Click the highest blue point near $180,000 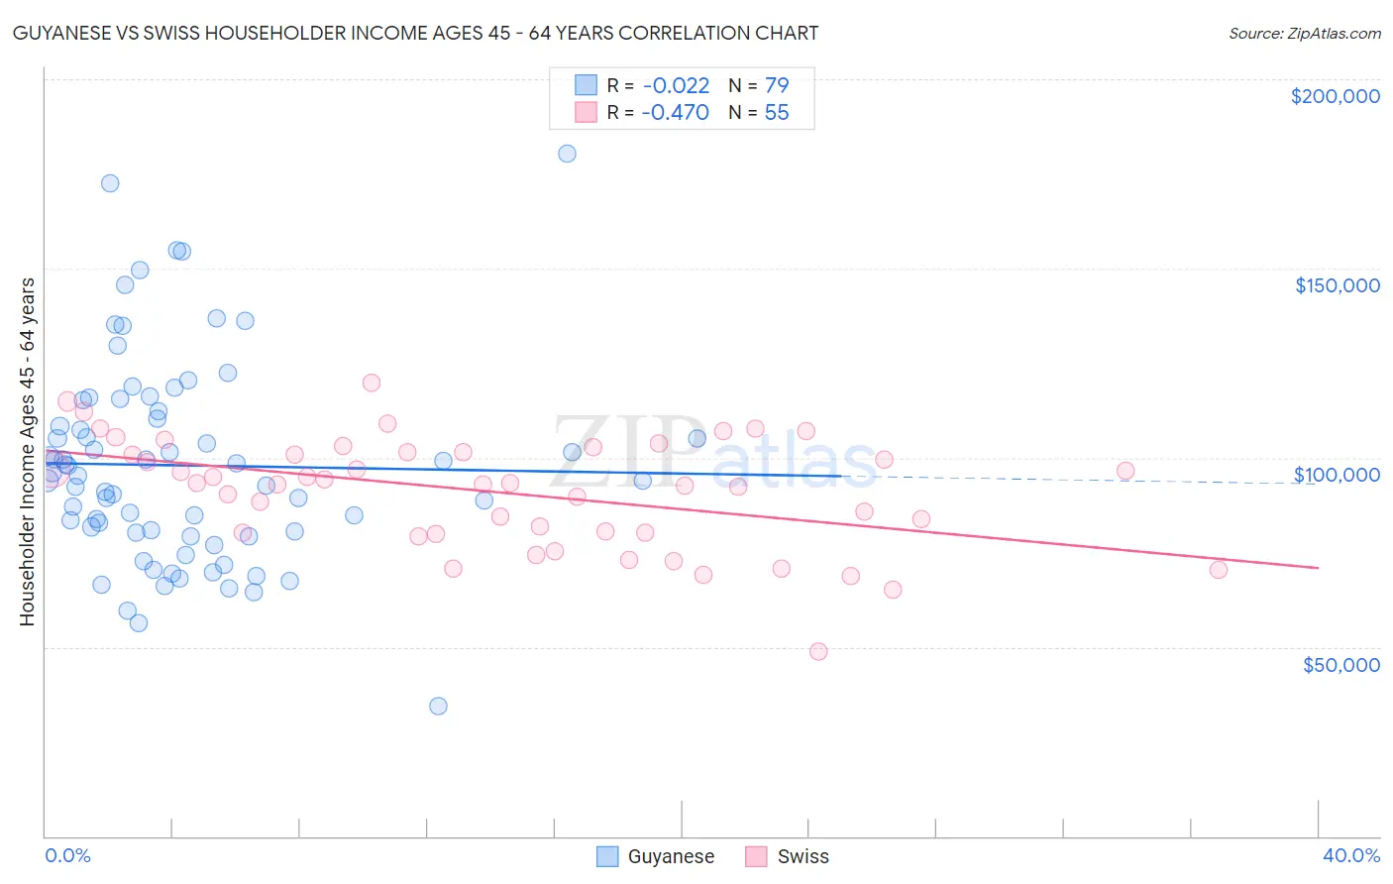point(567,154)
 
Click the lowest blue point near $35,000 point(438,706)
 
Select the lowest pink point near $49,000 point(818,651)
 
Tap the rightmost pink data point point(1219,569)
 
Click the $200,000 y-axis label point(1335,96)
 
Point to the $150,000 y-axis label point(1337,285)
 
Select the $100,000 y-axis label point(1337,475)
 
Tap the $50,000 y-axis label point(1340,664)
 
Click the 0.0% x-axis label point(67,855)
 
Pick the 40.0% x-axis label point(1350,855)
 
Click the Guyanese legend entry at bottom point(656,856)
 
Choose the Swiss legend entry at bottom point(788,856)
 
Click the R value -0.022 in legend point(676,86)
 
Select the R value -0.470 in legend point(676,113)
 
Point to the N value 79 point(777,86)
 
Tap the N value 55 point(777,113)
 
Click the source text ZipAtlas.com point(1304,33)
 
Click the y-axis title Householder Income point(27,451)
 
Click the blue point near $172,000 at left point(110,183)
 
